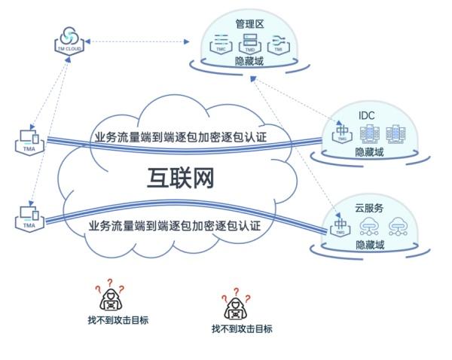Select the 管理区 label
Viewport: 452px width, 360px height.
pos(249,25)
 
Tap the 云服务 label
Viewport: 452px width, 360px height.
pos(369,206)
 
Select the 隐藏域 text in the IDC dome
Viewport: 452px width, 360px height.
pos(369,152)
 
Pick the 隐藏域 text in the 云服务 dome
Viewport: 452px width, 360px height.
pos(369,245)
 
